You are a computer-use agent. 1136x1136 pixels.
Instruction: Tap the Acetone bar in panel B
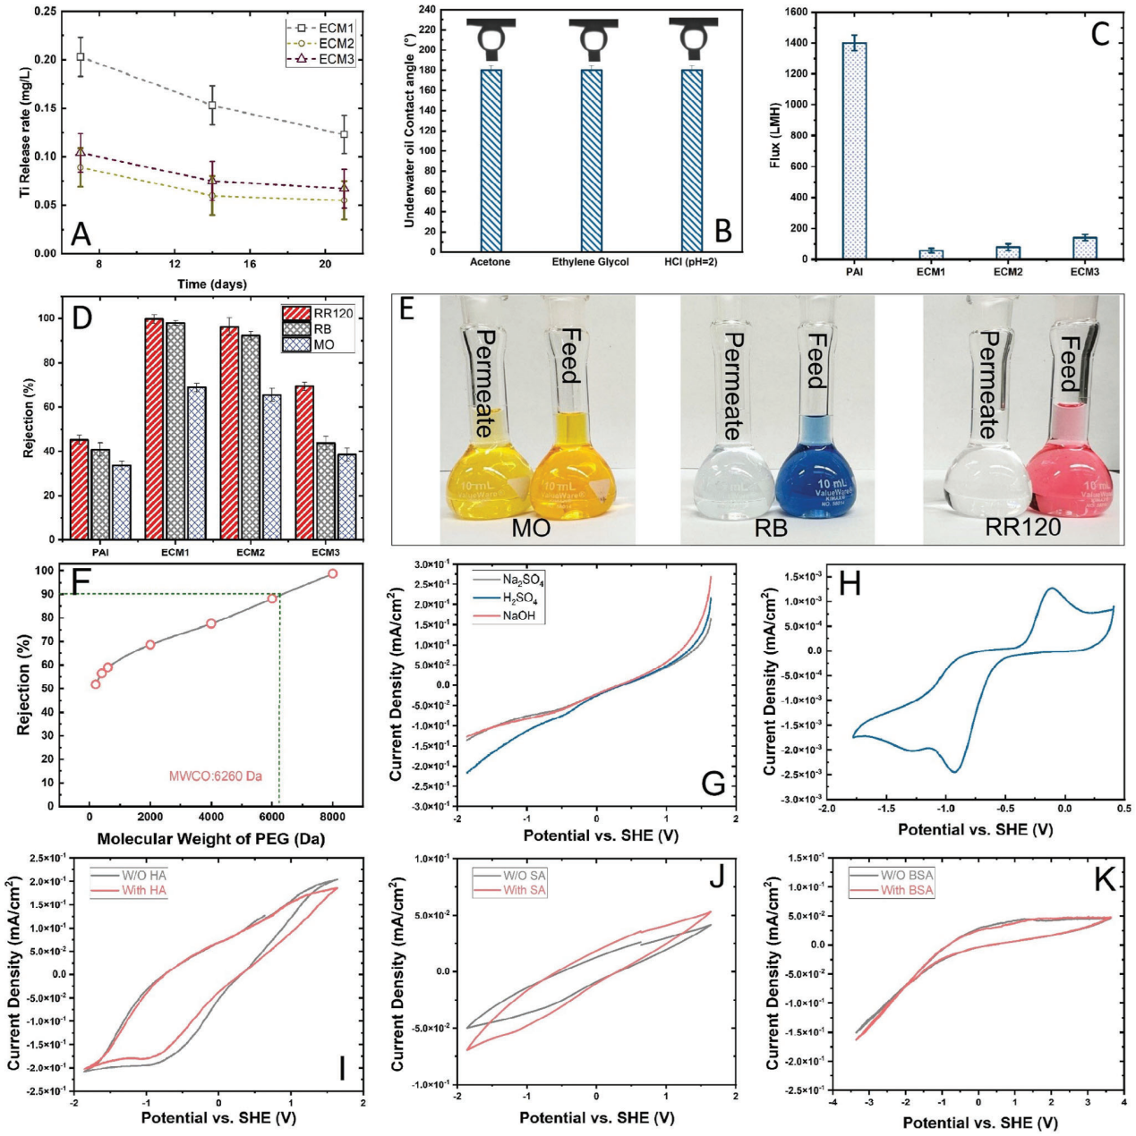point(491,160)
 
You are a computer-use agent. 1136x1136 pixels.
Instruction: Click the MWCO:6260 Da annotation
point(216,776)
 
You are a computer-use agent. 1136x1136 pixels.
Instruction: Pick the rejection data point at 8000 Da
point(332,573)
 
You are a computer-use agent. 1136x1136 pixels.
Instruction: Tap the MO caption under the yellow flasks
point(531,527)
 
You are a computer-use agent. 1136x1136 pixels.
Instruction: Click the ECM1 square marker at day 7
point(81,56)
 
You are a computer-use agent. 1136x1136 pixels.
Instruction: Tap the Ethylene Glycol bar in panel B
point(591,160)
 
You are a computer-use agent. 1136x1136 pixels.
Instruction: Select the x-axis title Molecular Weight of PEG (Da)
point(210,839)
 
